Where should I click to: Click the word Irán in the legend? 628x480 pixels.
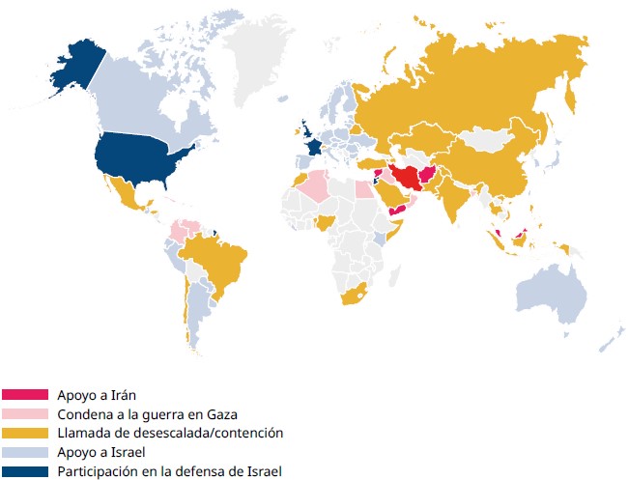point(118,395)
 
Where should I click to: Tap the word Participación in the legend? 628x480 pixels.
point(96,471)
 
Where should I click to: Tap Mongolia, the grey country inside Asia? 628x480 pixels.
point(494,140)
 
